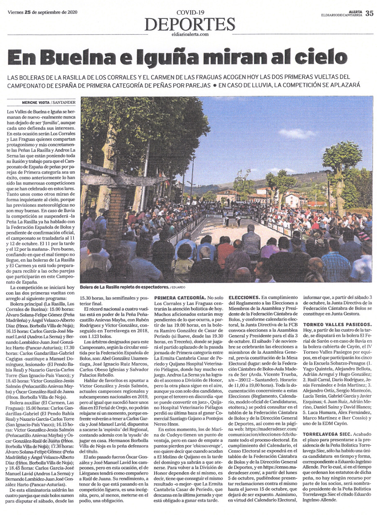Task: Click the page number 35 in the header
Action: click(x=369, y=13)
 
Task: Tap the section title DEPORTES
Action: click(x=190, y=24)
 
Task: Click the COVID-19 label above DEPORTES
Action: click(x=190, y=13)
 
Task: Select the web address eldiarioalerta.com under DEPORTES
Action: click(x=190, y=34)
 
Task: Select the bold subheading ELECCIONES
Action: click(x=243, y=297)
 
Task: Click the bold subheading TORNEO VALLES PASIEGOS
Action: click(x=337, y=324)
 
